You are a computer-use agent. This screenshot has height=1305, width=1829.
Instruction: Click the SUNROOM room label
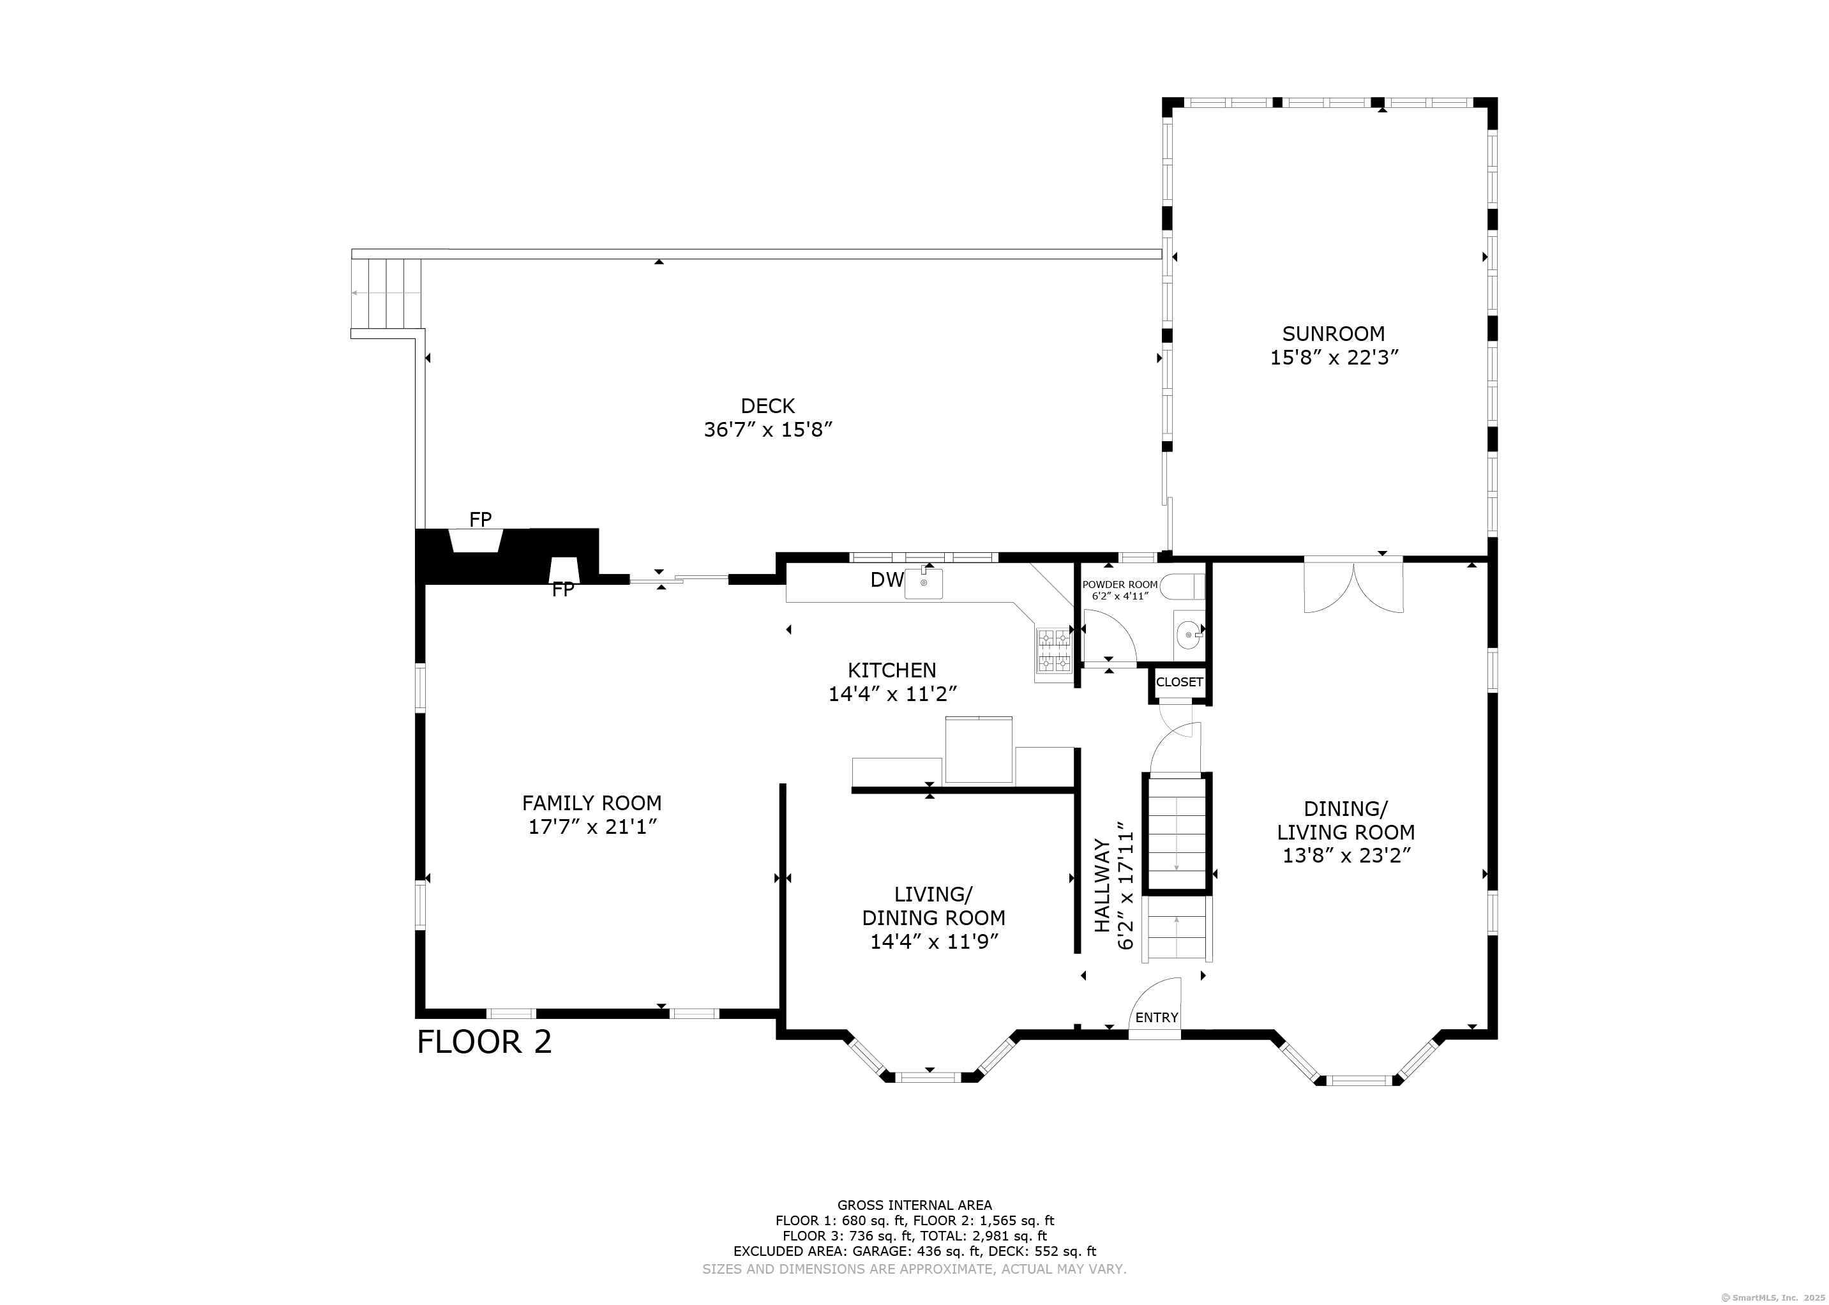[x=1334, y=333]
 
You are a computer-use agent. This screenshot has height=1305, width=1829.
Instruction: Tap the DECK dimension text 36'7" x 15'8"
[x=768, y=430]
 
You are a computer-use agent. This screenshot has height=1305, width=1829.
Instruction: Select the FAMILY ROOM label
[x=592, y=803]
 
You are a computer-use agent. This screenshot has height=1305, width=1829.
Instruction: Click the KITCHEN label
[x=892, y=670]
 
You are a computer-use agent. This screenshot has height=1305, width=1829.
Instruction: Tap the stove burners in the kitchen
[x=1055, y=651]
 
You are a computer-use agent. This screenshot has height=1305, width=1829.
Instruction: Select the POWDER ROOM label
[x=1120, y=585]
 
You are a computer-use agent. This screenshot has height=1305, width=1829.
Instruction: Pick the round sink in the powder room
[x=1189, y=635]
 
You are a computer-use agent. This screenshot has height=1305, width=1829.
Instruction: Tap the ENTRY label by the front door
[x=1157, y=1017]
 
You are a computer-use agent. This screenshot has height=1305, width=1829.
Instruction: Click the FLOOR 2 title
[x=485, y=1042]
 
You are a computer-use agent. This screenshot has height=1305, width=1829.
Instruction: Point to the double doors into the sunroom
[x=1353, y=587]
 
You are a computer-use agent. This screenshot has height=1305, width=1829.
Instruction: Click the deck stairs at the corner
[x=386, y=293]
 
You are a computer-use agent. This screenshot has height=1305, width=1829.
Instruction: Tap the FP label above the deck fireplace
[x=480, y=519]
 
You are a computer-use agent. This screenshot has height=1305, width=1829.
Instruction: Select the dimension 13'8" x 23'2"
[x=1346, y=856]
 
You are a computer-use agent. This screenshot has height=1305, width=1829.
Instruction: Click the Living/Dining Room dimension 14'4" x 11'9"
[x=933, y=941]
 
